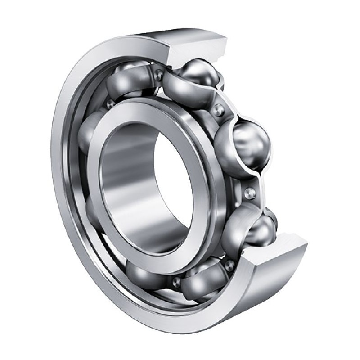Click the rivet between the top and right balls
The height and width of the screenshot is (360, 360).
click(218, 108)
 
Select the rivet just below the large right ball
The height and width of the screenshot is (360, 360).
click(250, 193)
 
